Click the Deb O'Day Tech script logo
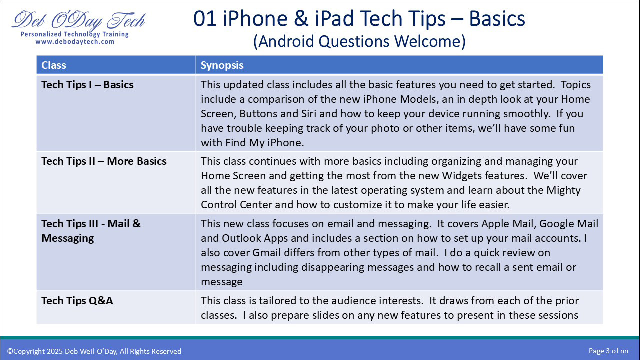(x=78, y=20)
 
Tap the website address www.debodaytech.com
(x=75, y=42)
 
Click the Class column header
(x=53, y=65)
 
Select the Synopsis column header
(x=222, y=65)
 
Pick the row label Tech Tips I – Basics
(x=87, y=85)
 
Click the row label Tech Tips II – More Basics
(x=104, y=161)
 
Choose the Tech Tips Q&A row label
(x=77, y=301)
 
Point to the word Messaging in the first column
(x=67, y=238)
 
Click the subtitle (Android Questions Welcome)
(x=359, y=41)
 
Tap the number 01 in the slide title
(x=205, y=18)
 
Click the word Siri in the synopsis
(x=309, y=114)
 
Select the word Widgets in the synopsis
(x=462, y=176)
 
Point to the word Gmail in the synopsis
(x=266, y=253)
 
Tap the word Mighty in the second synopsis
(x=563, y=191)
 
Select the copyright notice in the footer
(x=94, y=351)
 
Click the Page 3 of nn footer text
(x=608, y=351)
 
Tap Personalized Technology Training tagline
(x=75, y=34)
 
